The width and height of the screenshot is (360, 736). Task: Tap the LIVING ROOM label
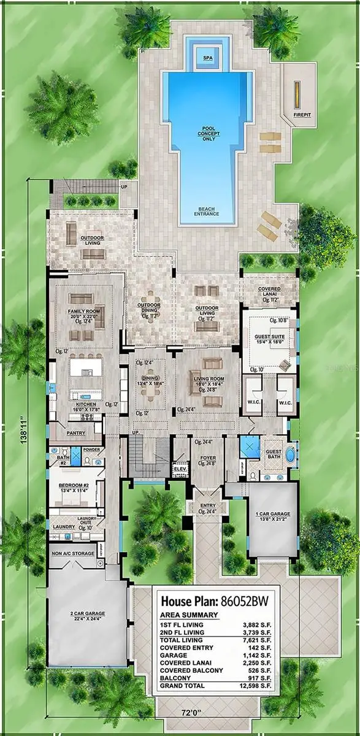(209, 379)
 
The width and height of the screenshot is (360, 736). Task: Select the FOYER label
(207, 457)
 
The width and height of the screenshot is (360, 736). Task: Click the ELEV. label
(180, 469)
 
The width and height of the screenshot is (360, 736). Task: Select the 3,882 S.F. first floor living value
(259, 625)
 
